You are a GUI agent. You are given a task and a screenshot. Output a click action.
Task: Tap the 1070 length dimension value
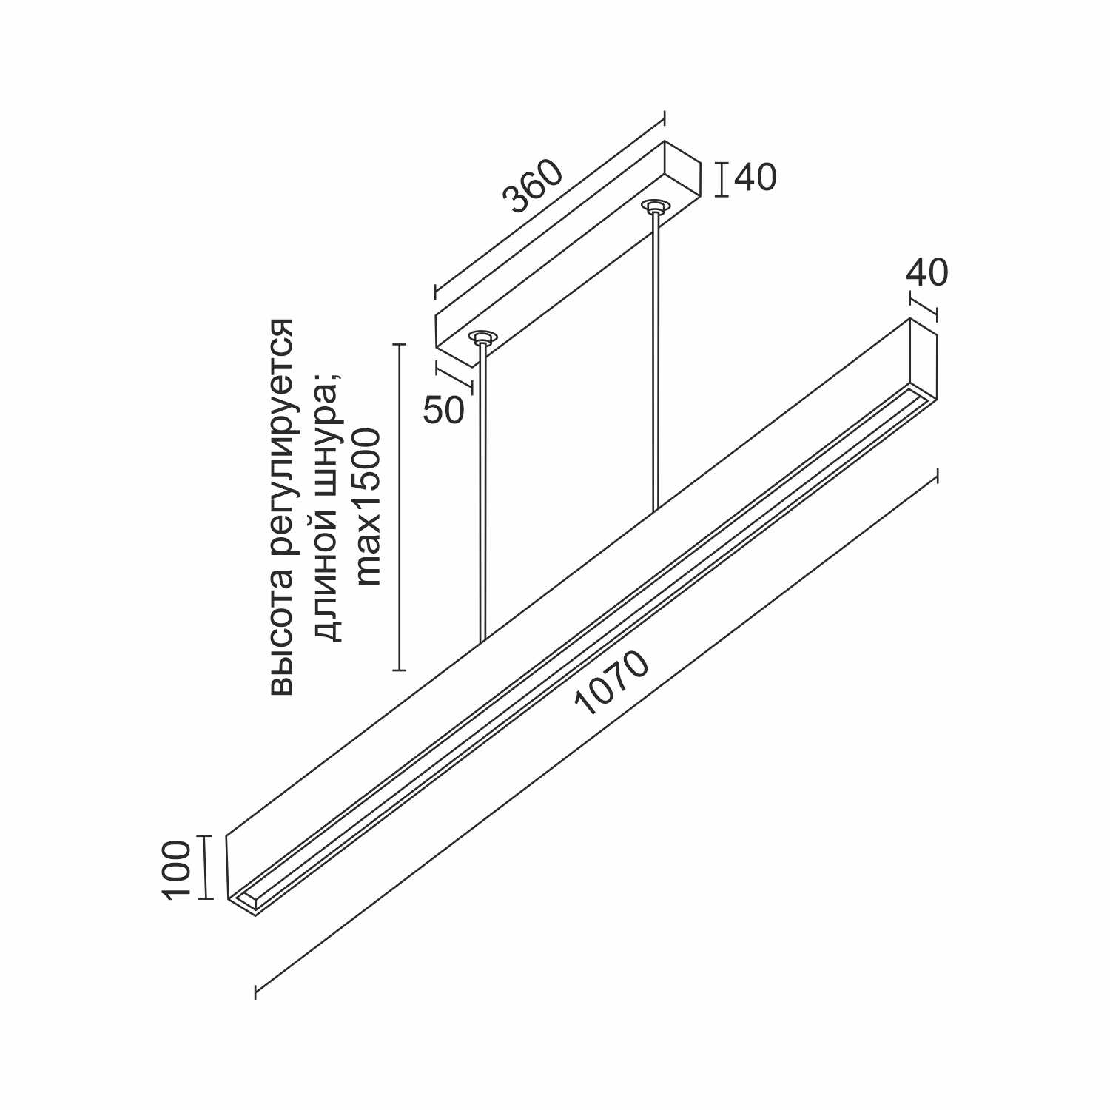click(x=612, y=684)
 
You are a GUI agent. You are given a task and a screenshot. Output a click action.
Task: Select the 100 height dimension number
click(x=176, y=869)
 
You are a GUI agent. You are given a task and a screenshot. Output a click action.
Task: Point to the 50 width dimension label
click(x=444, y=410)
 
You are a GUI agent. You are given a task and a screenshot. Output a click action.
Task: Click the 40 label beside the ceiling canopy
click(x=756, y=178)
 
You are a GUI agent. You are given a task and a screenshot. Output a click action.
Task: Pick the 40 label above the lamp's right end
click(x=927, y=273)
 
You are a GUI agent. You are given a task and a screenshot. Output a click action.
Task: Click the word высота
click(x=282, y=639)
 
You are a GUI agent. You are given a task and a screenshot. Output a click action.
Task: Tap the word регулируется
click(x=282, y=445)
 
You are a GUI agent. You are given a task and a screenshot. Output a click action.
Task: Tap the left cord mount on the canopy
click(x=482, y=337)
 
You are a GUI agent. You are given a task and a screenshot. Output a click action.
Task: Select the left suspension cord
click(x=483, y=492)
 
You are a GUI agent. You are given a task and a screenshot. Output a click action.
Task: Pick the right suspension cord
click(x=655, y=362)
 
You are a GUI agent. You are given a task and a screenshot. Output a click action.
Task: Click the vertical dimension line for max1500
click(x=400, y=508)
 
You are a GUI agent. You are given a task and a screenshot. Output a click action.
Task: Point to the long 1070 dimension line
click(x=596, y=734)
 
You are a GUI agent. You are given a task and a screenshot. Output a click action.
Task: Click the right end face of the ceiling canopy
click(x=682, y=175)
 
